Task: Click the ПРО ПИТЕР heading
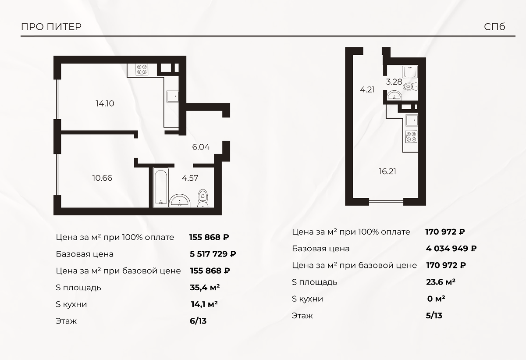(x=51, y=27)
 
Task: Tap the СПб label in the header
(x=494, y=27)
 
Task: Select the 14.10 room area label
(x=105, y=103)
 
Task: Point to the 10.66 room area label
(x=102, y=178)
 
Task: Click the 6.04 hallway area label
(x=201, y=147)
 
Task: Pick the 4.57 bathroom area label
(x=190, y=178)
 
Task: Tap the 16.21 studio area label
(x=387, y=171)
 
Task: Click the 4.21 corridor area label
(x=367, y=90)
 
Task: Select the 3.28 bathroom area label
(x=394, y=82)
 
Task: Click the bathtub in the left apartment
(x=161, y=187)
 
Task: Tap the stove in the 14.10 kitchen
(x=142, y=70)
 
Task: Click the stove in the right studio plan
(x=412, y=137)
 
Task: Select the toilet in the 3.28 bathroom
(x=410, y=86)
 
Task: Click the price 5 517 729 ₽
(x=213, y=254)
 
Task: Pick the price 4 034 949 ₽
(x=451, y=249)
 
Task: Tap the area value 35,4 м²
(x=205, y=288)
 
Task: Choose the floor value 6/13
(x=198, y=321)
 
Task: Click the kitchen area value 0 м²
(x=436, y=299)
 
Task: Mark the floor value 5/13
(x=434, y=316)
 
